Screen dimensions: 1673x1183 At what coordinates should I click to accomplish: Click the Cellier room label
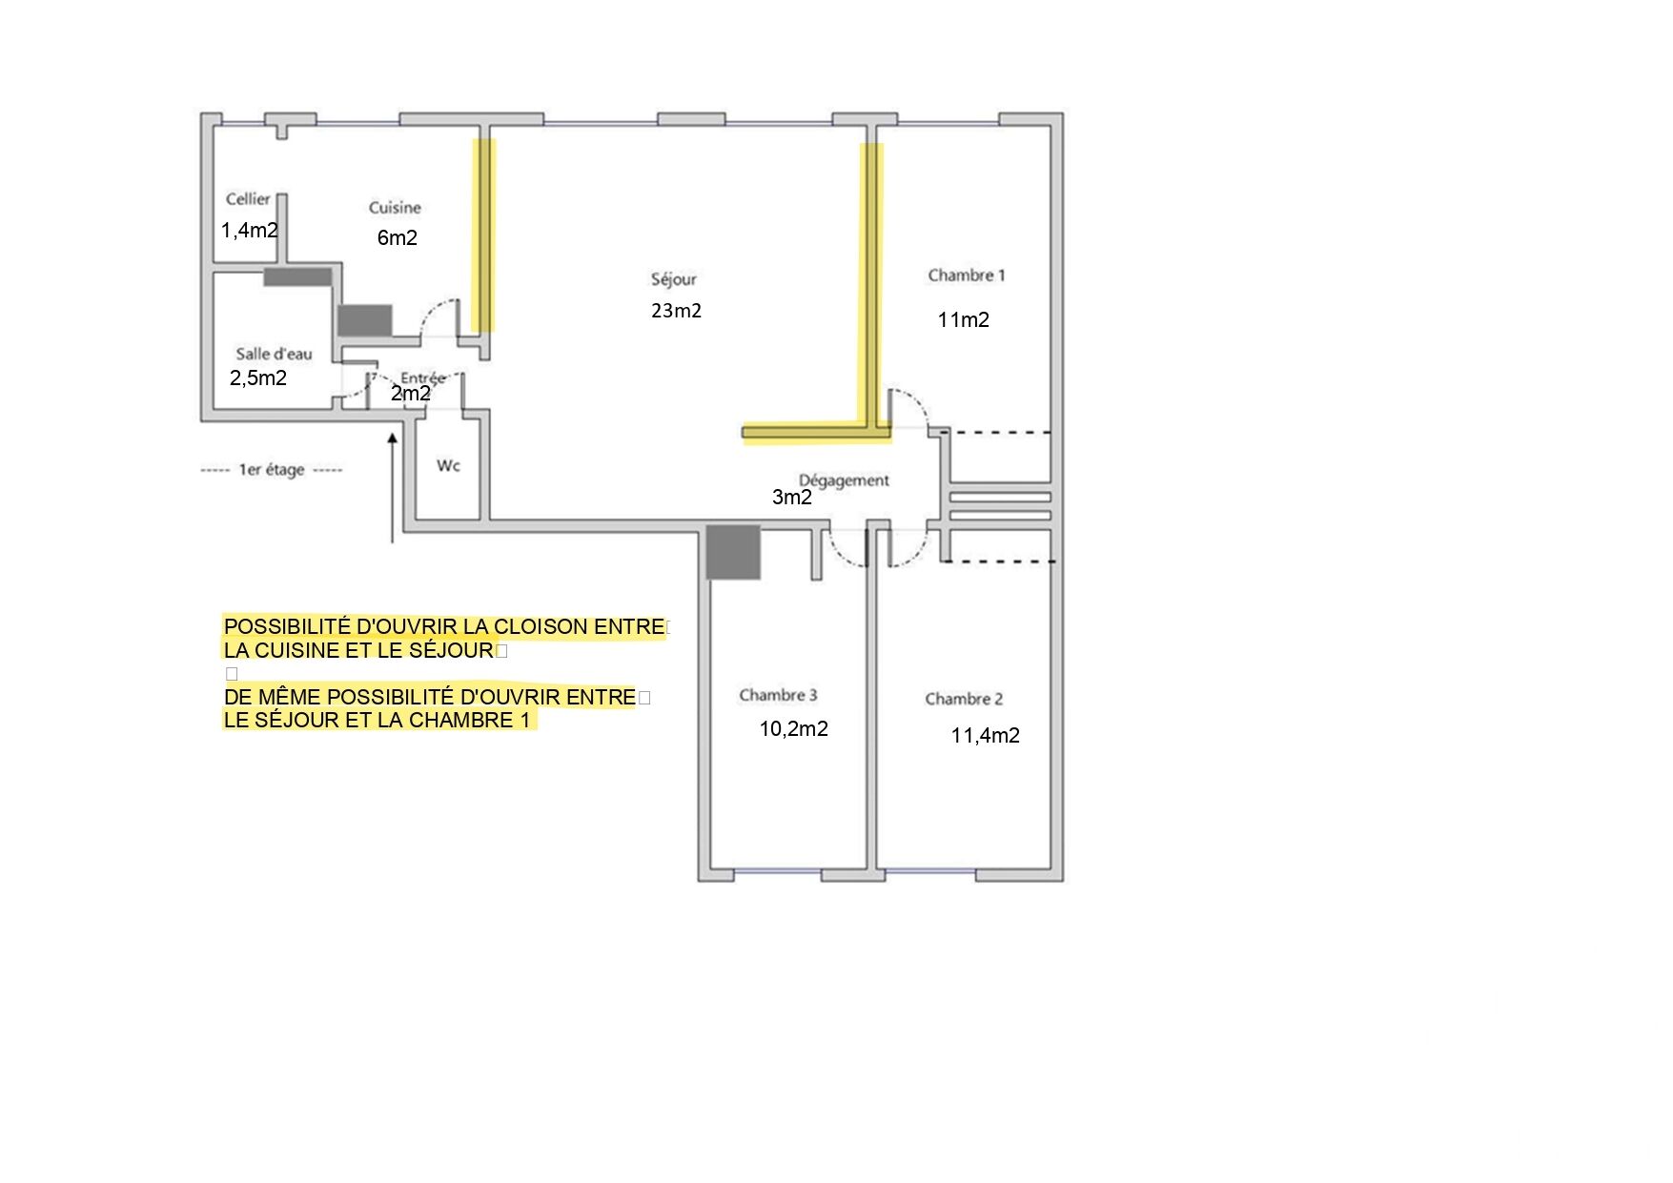(248, 199)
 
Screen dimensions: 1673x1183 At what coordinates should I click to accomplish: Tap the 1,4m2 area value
(250, 231)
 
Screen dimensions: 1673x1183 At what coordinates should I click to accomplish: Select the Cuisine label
(395, 208)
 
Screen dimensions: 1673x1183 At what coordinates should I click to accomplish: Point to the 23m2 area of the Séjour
(676, 311)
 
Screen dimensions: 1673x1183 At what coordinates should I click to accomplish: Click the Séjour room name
(674, 279)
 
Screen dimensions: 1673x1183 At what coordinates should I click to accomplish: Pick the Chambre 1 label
(967, 275)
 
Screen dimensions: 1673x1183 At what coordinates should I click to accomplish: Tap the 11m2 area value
(964, 320)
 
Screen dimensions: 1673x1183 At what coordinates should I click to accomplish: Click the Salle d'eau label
(274, 354)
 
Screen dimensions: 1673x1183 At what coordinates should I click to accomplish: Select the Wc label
(448, 465)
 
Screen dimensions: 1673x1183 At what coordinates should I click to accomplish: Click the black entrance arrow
(392, 487)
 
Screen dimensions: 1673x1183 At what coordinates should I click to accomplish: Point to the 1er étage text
(272, 470)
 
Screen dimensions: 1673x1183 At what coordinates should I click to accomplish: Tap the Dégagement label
(844, 480)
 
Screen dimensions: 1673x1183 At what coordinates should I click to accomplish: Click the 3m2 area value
(792, 498)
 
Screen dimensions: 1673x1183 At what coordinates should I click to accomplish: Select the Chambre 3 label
(778, 695)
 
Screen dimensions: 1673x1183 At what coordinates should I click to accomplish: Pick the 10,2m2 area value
(794, 729)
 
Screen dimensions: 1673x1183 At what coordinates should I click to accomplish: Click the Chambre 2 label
(964, 699)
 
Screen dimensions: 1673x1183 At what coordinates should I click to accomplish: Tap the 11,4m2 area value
(986, 736)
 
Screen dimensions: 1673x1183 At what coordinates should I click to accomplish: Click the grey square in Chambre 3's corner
(733, 552)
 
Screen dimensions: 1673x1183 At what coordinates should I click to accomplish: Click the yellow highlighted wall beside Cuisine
(484, 235)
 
